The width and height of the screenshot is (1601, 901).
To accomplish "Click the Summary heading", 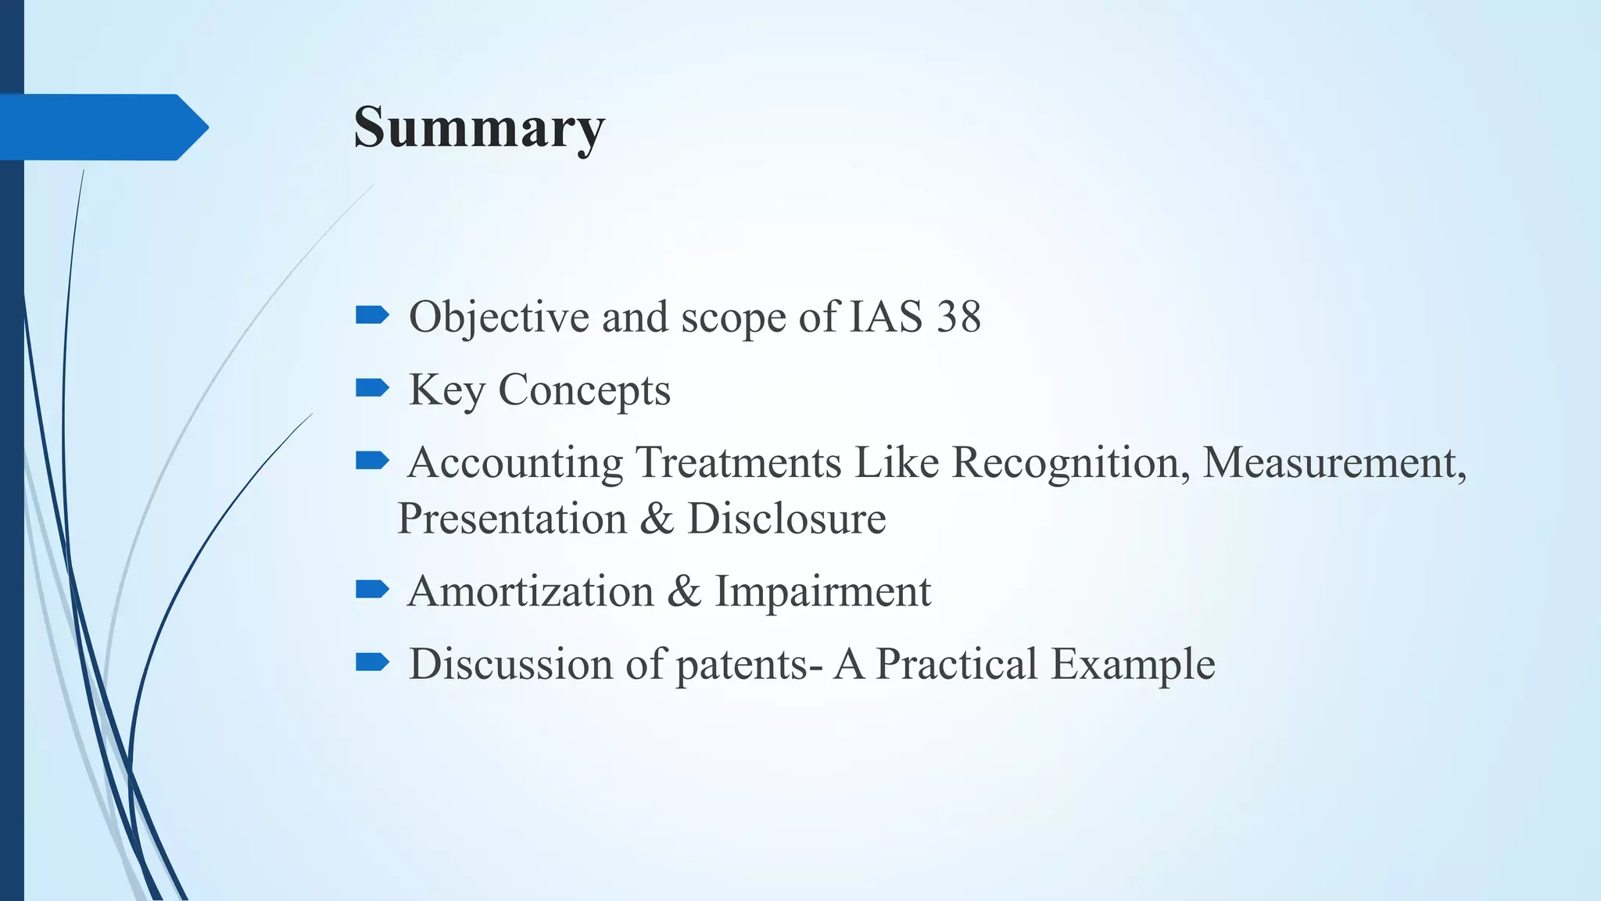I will pos(478,127).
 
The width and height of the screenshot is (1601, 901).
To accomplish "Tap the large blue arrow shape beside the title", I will pos(102,127).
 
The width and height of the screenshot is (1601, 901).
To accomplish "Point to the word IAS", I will pos(886,318).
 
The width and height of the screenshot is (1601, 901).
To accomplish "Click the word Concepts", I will pos(584,390).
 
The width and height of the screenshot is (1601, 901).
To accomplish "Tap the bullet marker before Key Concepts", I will pos(372,388).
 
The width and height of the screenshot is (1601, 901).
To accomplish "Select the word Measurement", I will pos(1333,462).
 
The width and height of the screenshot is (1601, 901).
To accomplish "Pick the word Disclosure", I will pos(786,519).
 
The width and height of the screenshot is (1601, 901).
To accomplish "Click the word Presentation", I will pos(512,519).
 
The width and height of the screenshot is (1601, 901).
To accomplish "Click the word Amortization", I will pos(530,591).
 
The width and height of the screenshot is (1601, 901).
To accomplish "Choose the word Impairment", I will pos(822,591).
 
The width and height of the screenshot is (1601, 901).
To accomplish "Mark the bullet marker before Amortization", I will pos(372,589).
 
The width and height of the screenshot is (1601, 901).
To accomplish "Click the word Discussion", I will pos(510,664).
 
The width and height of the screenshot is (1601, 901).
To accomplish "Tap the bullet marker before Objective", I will pos(372,315).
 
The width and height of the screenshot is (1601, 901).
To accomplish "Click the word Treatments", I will pos(737,462).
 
